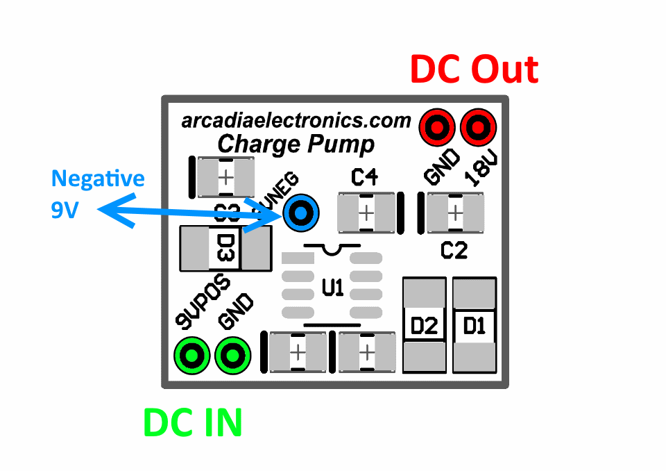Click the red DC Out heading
coord(474,69)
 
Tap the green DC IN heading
coord(193,423)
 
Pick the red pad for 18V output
coord(478,127)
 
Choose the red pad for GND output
coord(437,127)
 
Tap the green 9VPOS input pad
coord(191,356)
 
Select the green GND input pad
coord(232,356)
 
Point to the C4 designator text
coord(364,179)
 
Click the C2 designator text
coord(454,250)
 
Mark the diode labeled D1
coord(475,325)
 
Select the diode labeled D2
coord(425,325)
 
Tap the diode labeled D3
coord(225,248)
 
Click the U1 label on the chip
coord(333,287)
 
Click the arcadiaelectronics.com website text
coord(296,121)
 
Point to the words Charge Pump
coord(296,144)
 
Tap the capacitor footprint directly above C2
coord(455,212)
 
